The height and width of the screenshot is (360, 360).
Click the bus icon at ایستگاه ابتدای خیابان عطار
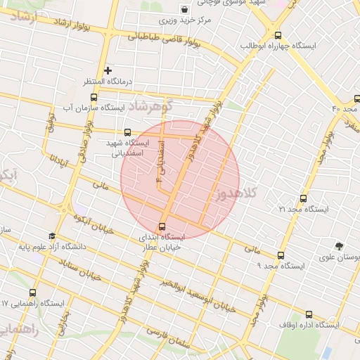click(162, 227)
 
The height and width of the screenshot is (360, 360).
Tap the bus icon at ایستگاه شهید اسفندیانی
click(127, 132)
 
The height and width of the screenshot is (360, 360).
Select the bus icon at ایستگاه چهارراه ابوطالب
click(278, 34)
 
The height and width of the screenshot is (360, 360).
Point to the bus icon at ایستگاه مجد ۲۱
click(303, 199)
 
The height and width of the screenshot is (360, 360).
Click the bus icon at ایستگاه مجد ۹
click(281, 256)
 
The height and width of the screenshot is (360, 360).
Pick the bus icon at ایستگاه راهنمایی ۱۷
click(32, 293)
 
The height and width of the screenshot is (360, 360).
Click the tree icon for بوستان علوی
click(340, 247)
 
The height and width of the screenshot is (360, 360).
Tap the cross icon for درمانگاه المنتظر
click(108, 70)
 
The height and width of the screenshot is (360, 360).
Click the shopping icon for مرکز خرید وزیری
click(184, 10)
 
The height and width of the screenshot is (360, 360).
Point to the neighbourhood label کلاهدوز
click(240, 193)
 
